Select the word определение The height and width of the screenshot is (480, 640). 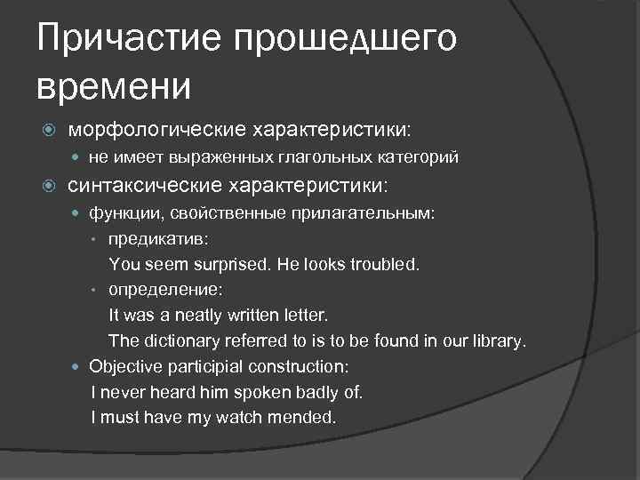[165, 290]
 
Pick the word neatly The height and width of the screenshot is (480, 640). [198, 316]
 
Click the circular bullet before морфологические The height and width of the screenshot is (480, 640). [50, 131]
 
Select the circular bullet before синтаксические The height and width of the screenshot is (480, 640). [50, 187]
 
